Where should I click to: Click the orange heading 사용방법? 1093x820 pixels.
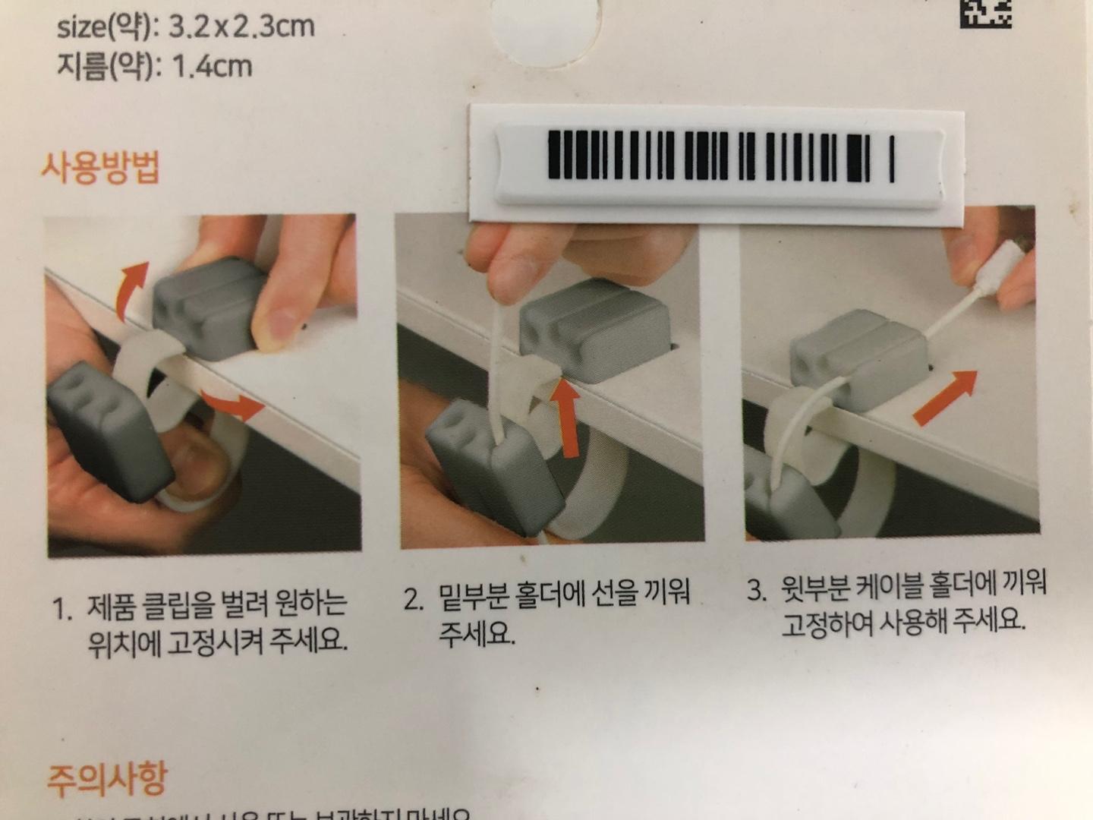tap(100, 167)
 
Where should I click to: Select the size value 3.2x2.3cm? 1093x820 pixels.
tap(241, 27)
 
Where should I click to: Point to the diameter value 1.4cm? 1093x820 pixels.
tap(213, 67)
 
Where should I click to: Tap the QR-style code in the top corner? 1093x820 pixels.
tap(985, 13)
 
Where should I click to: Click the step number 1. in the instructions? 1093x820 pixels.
tap(62, 608)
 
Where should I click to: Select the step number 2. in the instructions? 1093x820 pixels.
tap(414, 599)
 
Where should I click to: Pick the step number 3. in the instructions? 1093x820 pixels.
tap(757, 590)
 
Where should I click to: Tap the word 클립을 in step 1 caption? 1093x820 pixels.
tap(176, 605)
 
